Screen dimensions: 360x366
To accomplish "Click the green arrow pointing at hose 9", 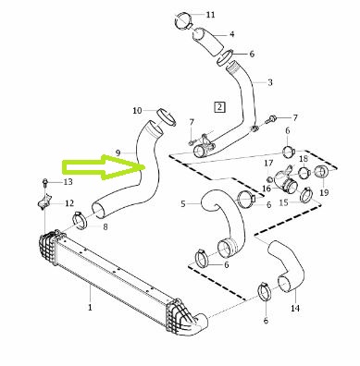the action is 104,166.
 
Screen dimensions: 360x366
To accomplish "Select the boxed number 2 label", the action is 219,107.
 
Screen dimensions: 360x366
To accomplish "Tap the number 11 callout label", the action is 210,15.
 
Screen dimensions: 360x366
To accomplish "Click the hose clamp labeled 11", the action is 183,21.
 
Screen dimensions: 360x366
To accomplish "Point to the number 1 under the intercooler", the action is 90,308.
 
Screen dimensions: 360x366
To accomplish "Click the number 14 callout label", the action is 295,308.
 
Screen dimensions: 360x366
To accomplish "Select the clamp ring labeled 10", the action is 167,117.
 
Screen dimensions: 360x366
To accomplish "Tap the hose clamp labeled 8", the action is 80,221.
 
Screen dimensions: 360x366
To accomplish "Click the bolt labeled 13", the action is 45,182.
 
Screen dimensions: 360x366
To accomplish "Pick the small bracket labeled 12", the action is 43,201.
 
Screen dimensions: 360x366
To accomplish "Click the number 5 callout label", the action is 183,204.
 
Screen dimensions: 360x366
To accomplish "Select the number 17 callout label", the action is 268,163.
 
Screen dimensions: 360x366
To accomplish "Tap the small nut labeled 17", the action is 269,179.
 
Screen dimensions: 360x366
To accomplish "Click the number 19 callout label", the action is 324,192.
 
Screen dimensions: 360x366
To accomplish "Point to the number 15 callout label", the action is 284,202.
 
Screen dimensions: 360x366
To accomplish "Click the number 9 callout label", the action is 118,152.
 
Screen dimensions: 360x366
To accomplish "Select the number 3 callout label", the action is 270,82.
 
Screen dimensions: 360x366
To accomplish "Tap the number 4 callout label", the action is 231,34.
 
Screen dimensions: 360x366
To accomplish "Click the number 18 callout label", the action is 304,159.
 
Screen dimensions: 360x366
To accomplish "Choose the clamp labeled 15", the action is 306,195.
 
